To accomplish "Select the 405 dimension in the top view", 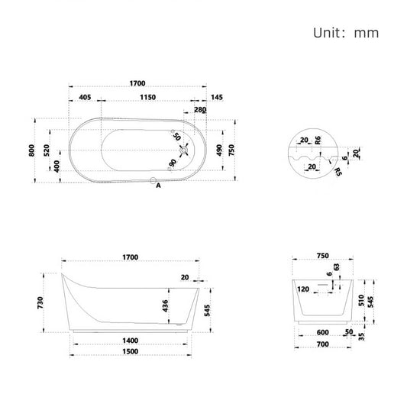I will click(85, 98).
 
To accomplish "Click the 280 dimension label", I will click(200, 111).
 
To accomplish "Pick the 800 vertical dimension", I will click(33, 150).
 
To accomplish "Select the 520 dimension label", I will click(46, 150).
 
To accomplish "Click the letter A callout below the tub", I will click(158, 186).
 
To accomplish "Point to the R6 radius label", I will click(318, 140).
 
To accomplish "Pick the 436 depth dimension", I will click(165, 305).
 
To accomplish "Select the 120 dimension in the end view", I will click(304, 290).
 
